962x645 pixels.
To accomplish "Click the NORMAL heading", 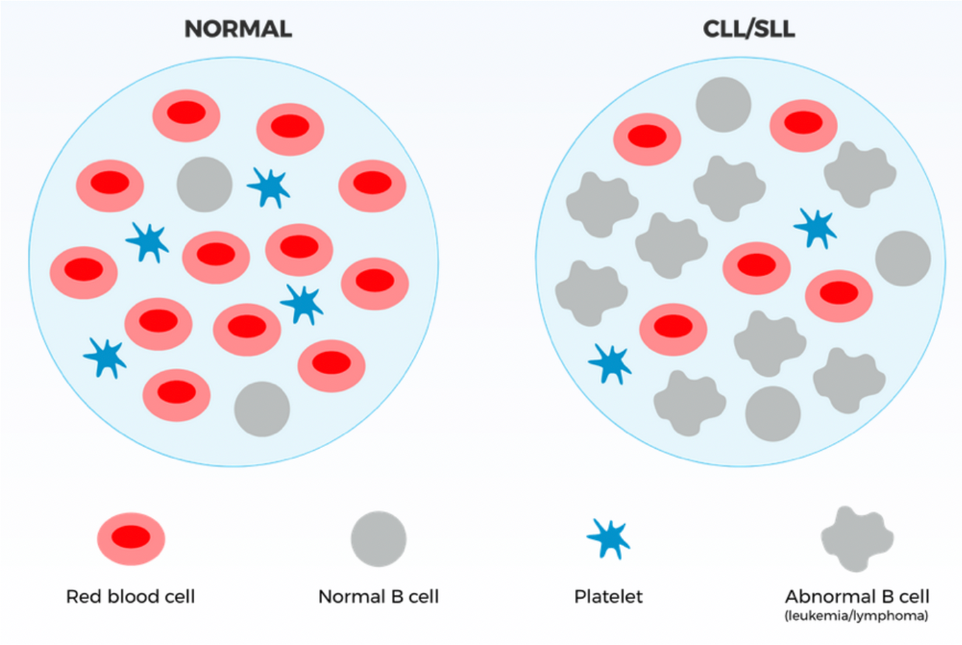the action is [238, 30].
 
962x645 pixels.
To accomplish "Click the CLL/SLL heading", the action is [749, 30].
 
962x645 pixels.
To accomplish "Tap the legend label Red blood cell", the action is [131, 596].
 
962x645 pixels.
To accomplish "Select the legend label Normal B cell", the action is [378, 596].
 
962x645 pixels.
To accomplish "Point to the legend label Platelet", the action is [609, 596].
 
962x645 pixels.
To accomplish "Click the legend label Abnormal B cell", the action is [857, 596].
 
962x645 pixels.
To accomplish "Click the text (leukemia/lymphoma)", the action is [857, 615].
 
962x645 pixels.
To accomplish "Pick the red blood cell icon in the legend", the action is [131, 539].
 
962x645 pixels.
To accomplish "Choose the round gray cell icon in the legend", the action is [378, 539].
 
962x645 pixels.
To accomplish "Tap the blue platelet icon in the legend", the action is [609, 539].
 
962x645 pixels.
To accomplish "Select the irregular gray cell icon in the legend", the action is [857, 539].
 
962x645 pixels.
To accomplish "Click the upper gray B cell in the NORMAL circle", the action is [204, 184].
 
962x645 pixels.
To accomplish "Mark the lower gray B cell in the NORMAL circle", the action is [262, 409].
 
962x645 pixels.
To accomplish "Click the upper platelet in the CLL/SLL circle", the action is [815, 228].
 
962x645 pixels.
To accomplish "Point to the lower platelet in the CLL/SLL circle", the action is [610, 364].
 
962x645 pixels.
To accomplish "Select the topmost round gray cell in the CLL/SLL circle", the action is [724, 104].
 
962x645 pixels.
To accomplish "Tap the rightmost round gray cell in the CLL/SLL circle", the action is [903, 259].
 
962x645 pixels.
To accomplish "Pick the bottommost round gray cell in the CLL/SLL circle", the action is [773, 414].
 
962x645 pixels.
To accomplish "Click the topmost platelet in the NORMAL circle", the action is [269, 187].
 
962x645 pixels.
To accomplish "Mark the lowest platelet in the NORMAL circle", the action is [105, 358].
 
